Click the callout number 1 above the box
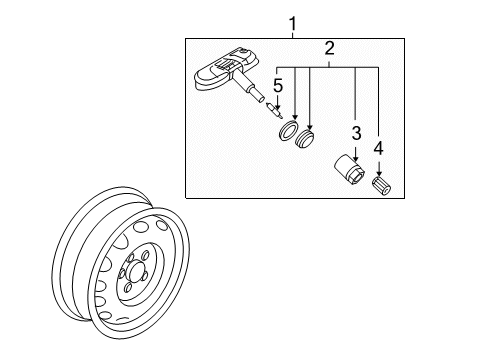(293, 22)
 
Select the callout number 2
(328, 47)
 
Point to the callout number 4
(378, 148)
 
